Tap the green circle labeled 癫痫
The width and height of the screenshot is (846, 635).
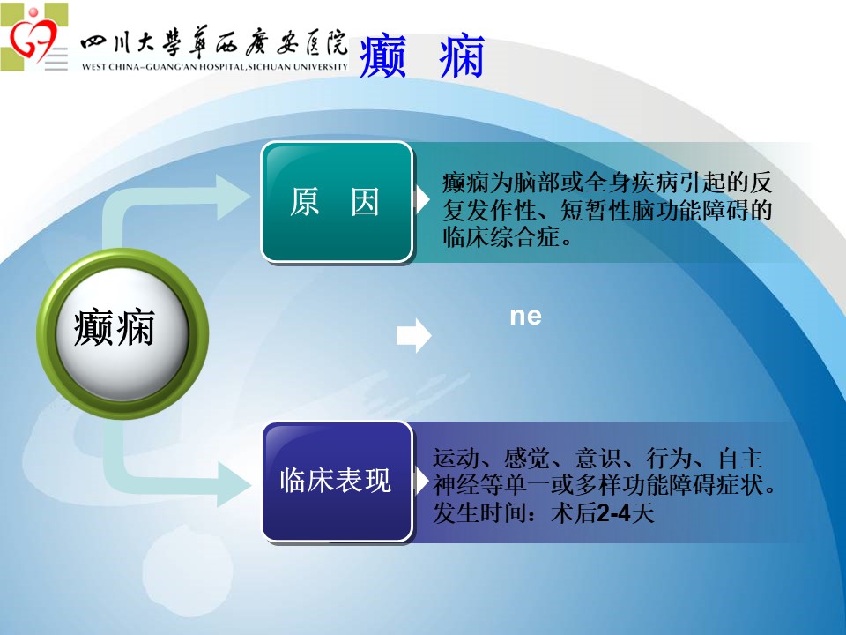point(122,333)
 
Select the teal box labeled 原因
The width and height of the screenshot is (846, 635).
point(338,202)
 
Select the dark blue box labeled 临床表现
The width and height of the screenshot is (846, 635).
point(338,482)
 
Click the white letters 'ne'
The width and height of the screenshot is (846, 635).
point(525,316)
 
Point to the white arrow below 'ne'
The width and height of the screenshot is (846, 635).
point(414,335)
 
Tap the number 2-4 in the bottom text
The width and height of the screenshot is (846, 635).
point(614,512)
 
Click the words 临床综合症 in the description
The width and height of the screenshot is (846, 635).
point(501,237)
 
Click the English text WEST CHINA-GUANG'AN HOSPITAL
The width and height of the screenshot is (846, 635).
point(215,67)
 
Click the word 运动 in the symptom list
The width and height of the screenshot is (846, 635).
point(456,459)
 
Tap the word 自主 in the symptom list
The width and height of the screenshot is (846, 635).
point(740,459)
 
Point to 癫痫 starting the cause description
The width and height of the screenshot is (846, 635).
point(465,183)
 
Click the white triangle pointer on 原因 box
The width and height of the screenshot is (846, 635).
point(421,199)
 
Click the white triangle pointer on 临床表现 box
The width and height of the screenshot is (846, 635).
point(421,481)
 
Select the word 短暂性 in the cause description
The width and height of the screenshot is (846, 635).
point(595,210)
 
